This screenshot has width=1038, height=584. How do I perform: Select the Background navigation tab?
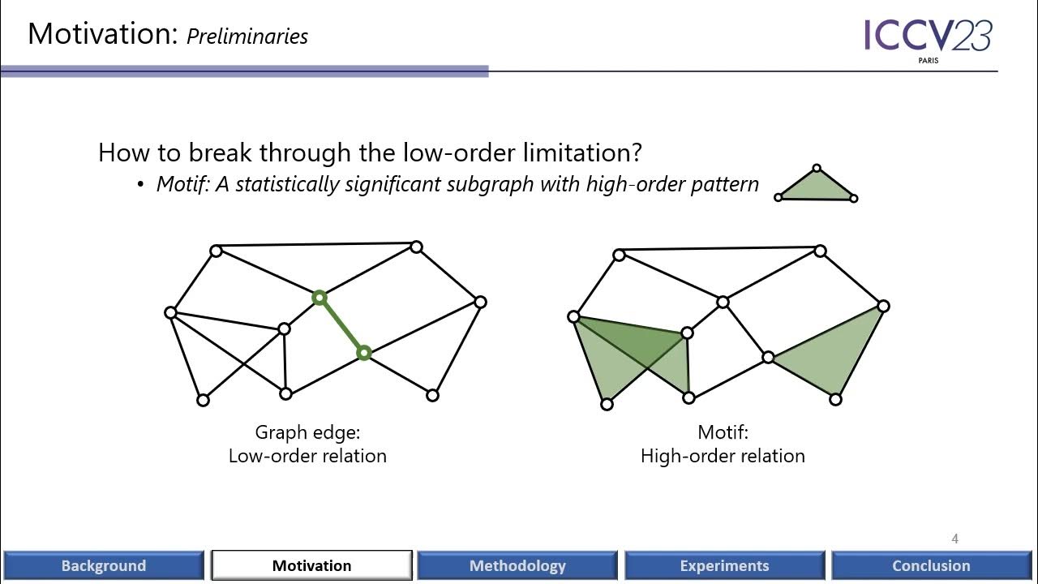tap(103, 565)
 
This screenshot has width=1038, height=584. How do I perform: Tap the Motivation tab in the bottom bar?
tap(311, 565)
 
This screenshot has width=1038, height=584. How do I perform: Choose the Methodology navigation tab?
tap(517, 565)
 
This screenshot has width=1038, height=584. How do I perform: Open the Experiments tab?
tap(724, 565)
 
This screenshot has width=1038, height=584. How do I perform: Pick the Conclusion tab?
tap(931, 565)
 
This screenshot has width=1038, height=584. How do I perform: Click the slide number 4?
tap(955, 539)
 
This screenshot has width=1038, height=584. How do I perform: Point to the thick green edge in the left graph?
tap(341, 325)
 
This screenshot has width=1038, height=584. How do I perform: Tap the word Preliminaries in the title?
tap(247, 36)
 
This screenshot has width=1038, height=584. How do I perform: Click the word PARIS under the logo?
tap(929, 61)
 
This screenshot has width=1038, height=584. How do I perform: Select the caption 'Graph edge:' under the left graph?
tap(307, 432)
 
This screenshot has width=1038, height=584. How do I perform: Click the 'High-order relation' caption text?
tap(723, 456)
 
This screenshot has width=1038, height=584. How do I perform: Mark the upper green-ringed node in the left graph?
tap(320, 298)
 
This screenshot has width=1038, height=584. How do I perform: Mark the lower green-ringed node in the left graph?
tap(364, 353)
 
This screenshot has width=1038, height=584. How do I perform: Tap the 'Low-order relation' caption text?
tap(307, 456)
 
